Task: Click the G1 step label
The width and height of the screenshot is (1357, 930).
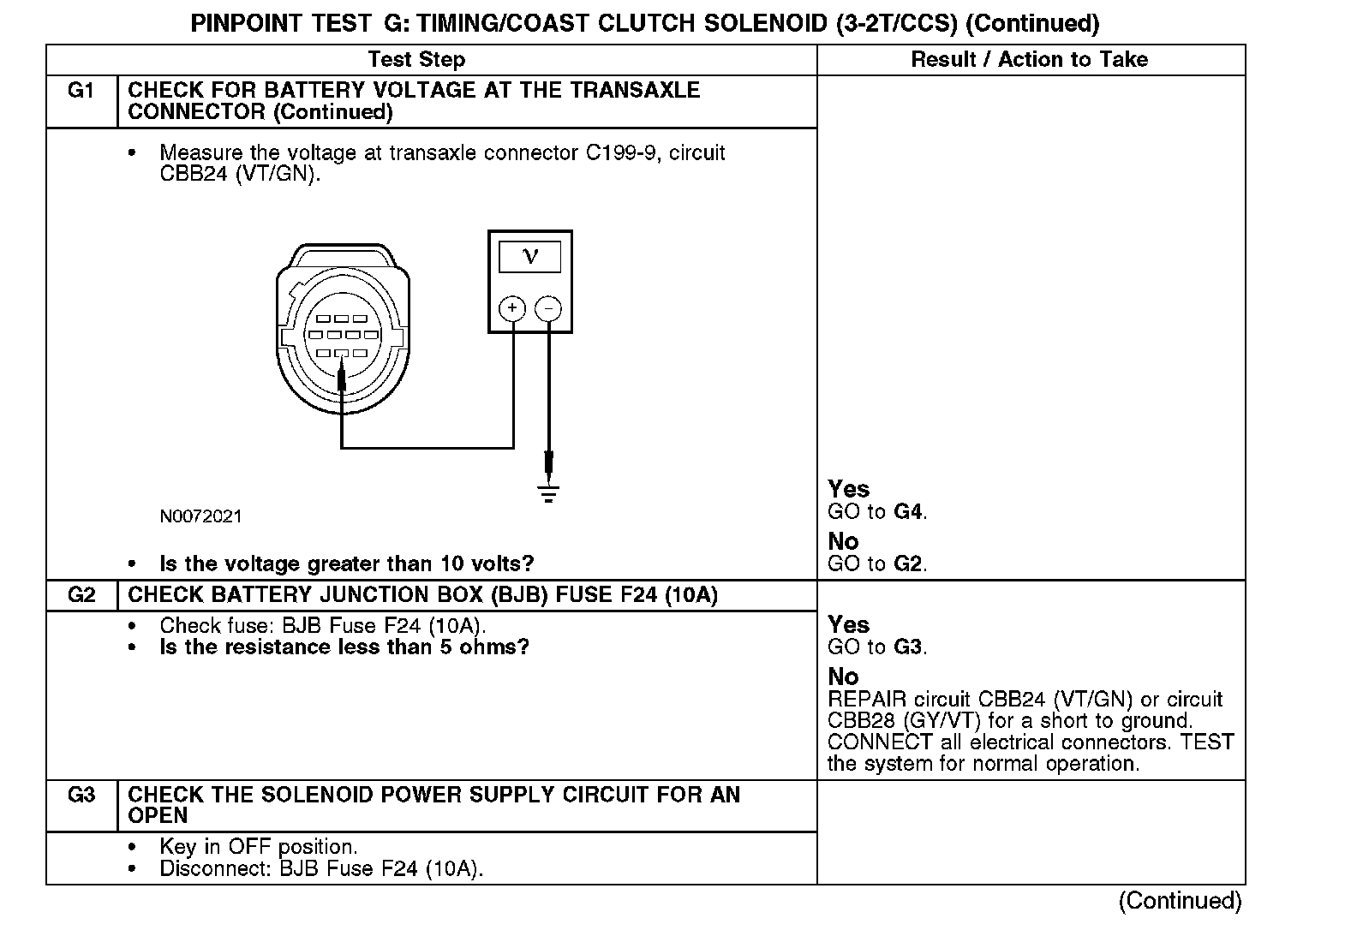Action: point(81,91)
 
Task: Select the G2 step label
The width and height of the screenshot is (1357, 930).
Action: point(81,595)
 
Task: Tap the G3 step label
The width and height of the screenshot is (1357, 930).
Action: point(81,796)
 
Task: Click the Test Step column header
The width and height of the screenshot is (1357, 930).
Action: point(416,60)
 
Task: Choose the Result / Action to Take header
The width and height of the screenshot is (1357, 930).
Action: point(1029,60)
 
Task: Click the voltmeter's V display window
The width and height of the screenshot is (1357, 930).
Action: point(530,257)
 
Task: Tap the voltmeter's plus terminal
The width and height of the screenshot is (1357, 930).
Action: point(512,308)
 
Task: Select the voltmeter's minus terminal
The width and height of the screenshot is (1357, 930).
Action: point(548,308)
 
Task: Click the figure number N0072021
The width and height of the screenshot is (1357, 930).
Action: point(200,516)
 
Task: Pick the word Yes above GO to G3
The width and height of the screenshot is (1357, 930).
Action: point(848,625)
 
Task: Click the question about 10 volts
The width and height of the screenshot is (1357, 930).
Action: point(347,563)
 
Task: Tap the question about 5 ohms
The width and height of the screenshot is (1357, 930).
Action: point(344,647)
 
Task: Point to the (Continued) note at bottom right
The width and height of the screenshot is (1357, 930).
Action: point(1180,901)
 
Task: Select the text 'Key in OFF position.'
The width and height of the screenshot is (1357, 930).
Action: point(258,847)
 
